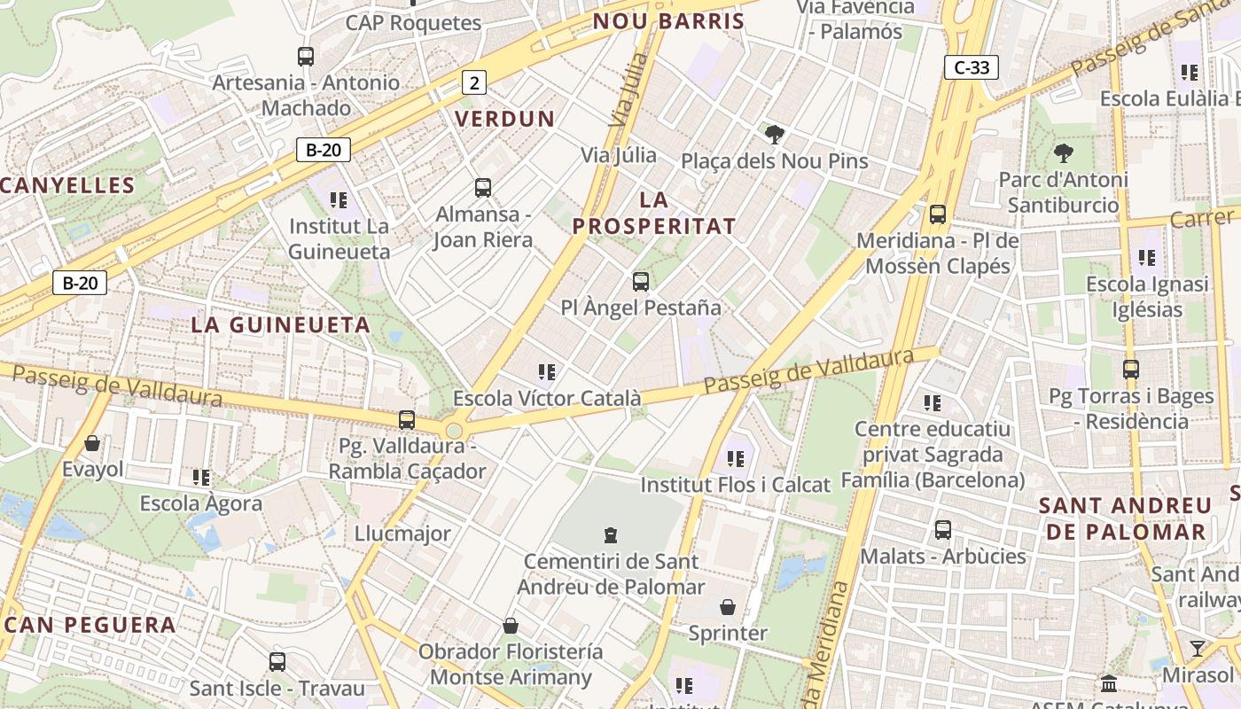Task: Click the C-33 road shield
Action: (x=972, y=67)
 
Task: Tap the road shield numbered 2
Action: (x=474, y=83)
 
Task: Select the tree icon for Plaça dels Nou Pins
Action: (x=775, y=135)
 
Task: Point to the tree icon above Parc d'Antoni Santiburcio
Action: (x=1063, y=153)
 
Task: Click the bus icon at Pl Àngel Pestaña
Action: (x=640, y=282)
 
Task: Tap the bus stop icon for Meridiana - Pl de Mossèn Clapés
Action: (x=937, y=214)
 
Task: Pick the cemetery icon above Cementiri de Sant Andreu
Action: (x=610, y=534)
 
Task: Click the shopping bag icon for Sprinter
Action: (x=728, y=607)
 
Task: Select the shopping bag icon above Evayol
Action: (x=92, y=442)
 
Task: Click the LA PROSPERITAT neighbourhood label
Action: (x=654, y=213)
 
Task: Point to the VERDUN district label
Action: (x=504, y=119)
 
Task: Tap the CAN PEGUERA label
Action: (x=90, y=625)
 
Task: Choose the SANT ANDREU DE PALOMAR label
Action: (x=1125, y=518)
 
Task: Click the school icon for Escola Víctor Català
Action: (x=547, y=372)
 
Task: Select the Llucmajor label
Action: (x=402, y=534)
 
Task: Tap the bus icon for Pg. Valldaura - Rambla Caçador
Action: (x=407, y=419)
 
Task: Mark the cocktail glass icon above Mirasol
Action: (x=1198, y=648)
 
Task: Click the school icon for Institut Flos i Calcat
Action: (x=735, y=458)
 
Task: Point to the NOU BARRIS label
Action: (x=668, y=21)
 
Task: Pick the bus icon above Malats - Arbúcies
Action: (x=943, y=530)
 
